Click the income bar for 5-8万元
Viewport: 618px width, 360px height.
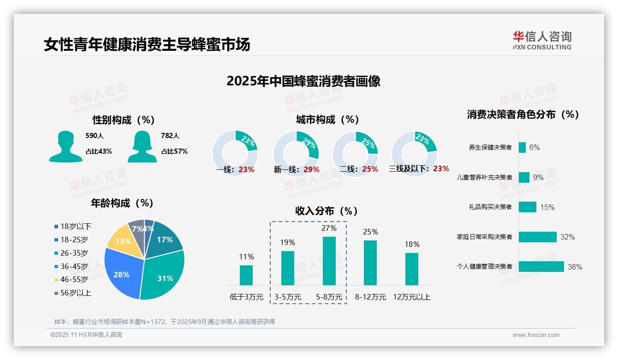click(329, 261)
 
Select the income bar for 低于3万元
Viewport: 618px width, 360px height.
click(246, 275)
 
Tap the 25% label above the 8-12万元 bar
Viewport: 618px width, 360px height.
click(370, 232)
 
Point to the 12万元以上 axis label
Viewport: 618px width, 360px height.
click(411, 297)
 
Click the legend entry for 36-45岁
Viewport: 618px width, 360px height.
click(73, 266)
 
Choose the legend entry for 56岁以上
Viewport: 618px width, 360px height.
click(75, 293)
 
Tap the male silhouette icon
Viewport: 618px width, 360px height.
click(66, 146)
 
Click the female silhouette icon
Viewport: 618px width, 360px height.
click(142, 146)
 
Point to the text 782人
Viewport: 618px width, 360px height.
click(170, 136)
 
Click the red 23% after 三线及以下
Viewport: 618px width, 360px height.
click(441, 168)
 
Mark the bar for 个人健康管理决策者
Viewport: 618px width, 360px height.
click(541, 266)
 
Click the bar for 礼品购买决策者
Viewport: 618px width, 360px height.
click(527, 207)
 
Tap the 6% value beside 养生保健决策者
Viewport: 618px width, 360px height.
click(535, 147)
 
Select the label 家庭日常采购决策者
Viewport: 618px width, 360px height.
click(484, 237)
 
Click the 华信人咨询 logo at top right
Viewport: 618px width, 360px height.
click(542, 40)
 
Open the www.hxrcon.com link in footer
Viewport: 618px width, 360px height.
click(536, 335)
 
